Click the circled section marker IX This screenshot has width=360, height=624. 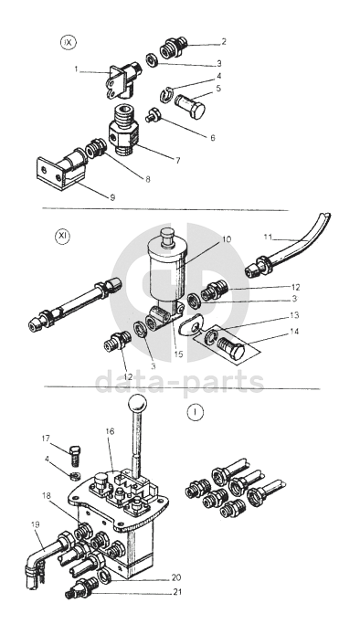pos(68,42)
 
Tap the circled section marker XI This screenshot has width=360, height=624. pos(62,237)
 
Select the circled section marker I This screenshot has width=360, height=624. pos(195,413)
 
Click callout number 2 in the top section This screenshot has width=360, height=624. pos(224,41)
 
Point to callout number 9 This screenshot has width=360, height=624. pos(112,197)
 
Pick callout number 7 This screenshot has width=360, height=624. pos(178,161)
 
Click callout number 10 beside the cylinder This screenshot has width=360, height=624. pos(227,239)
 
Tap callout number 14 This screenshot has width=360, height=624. pos(294,331)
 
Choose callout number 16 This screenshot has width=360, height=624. pos(111,431)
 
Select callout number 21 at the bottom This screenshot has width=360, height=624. pos(177,592)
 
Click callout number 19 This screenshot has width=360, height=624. pos(36,524)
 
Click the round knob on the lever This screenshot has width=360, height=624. pos(137,405)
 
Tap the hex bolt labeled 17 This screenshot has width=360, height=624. pos(75,456)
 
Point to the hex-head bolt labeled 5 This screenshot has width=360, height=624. pos(190,105)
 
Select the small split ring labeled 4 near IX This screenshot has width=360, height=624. pos(165,94)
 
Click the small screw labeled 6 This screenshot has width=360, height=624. pos(153,116)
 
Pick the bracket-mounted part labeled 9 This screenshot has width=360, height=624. pos(60,173)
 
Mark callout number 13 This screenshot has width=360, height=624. pos(294,315)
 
